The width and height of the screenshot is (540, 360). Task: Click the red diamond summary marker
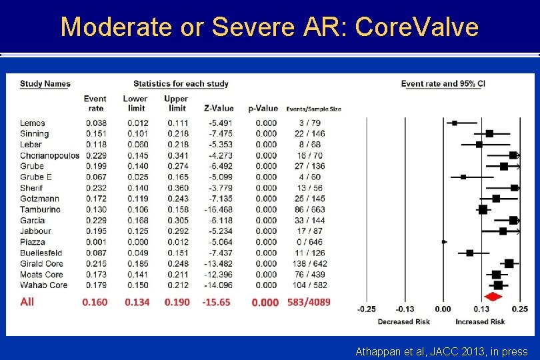493,297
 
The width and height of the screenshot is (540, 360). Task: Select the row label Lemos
33,123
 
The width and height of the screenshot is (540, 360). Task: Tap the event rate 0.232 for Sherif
95,188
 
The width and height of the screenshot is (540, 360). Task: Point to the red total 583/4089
309,302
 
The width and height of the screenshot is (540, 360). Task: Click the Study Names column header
45,84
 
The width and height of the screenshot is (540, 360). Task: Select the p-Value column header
263,108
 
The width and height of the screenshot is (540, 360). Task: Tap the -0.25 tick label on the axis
367,309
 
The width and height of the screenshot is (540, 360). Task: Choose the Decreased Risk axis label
404,322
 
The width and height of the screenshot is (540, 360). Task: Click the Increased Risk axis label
480,322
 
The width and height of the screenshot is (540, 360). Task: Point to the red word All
27,302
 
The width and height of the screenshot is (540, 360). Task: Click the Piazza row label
32,242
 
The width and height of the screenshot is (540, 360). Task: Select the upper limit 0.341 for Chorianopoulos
177,155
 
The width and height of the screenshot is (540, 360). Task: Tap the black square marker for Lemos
455,123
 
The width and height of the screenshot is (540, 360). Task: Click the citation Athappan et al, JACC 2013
442,351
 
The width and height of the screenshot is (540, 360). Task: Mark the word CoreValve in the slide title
417,27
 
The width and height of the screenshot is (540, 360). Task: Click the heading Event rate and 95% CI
443,84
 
